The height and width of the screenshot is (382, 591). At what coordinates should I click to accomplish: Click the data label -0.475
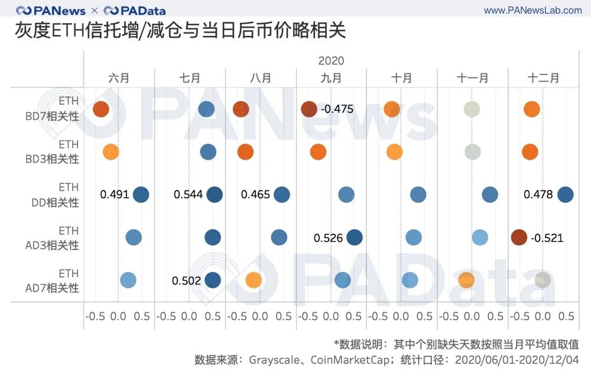pos(337,109)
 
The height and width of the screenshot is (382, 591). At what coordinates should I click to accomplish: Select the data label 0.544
pos(189,195)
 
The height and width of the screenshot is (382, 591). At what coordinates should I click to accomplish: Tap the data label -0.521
pos(547,238)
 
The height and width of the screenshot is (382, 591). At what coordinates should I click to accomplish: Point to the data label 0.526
pos(329,238)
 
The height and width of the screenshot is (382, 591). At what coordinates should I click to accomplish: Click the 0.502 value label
pos(187,281)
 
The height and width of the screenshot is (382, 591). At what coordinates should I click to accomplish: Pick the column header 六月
pos(119,78)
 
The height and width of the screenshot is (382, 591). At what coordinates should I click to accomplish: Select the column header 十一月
pos(472,78)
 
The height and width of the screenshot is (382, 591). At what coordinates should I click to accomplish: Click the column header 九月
pos(331,78)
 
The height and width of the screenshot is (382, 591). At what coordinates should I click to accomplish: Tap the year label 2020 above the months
pos(331,61)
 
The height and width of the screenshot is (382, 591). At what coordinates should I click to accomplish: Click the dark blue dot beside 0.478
pos(565,195)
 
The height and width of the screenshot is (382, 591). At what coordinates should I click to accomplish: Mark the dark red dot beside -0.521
pos(519,237)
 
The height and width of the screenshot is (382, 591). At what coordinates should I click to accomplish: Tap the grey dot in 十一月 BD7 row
pos(471,109)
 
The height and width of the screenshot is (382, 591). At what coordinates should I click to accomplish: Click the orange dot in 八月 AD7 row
pos(253,280)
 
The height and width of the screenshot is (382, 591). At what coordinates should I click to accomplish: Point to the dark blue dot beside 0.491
pos(141,195)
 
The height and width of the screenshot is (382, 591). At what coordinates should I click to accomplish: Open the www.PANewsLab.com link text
pos(532,11)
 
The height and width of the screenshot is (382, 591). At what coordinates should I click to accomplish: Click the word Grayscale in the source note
pos(272,360)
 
